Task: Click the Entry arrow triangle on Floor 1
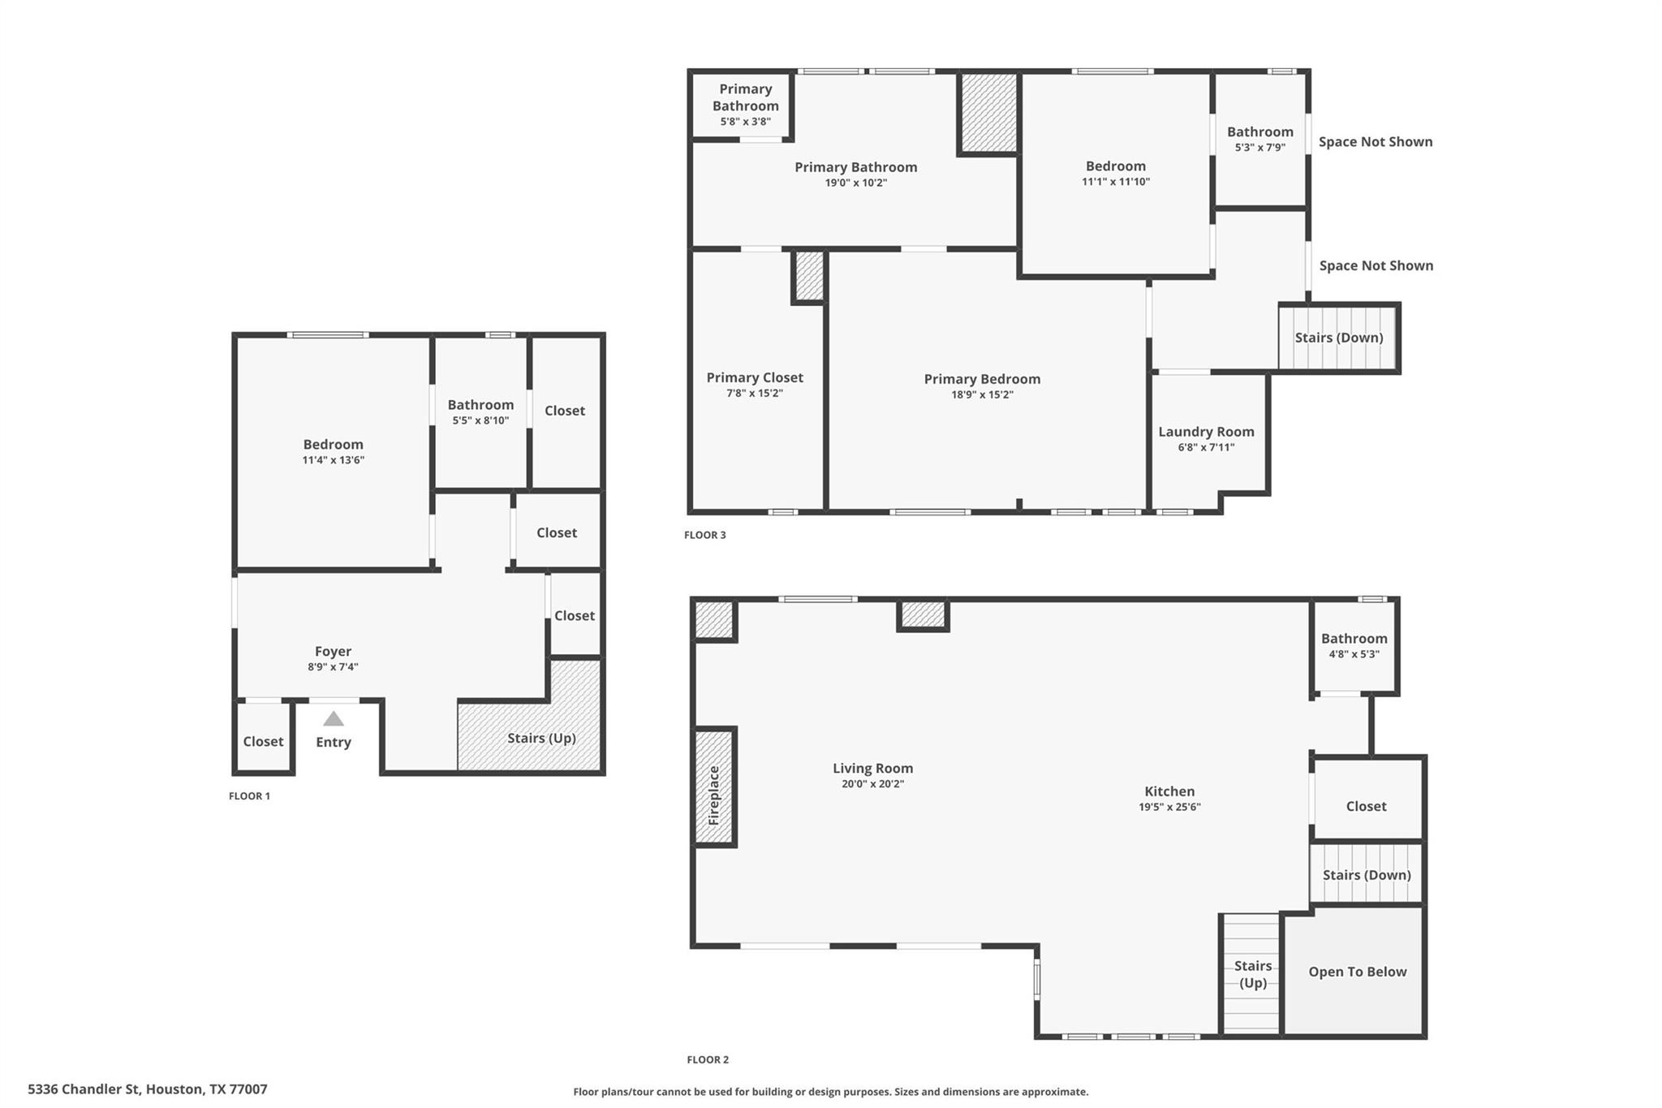click(334, 718)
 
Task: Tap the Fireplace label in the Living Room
click(714, 795)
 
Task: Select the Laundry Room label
click(1206, 432)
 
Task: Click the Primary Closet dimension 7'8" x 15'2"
click(755, 394)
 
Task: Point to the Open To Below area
click(1354, 972)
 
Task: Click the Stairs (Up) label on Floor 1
click(541, 738)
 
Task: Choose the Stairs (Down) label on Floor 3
click(1339, 338)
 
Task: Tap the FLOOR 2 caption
click(708, 1059)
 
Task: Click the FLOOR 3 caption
click(705, 535)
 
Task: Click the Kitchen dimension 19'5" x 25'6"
click(1169, 807)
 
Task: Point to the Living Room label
click(872, 768)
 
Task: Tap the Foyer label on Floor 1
click(333, 651)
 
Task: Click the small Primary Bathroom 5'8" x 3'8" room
click(742, 106)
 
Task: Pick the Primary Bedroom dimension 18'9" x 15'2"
click(982, 395)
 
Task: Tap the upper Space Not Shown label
click(1376, 142)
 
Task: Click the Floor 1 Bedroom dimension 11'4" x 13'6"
click(333, 460)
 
